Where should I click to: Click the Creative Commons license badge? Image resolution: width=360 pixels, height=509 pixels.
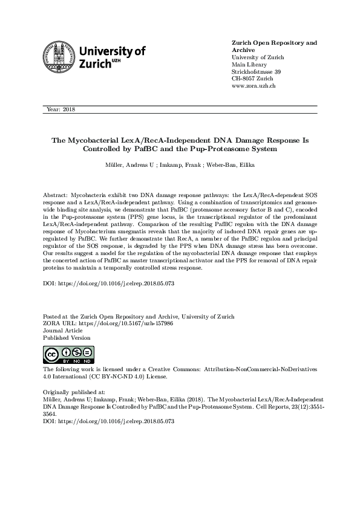[68, 355]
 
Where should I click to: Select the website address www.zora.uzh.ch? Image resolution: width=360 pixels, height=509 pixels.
[254, 86]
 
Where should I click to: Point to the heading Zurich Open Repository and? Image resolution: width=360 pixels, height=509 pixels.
[274, 43]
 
